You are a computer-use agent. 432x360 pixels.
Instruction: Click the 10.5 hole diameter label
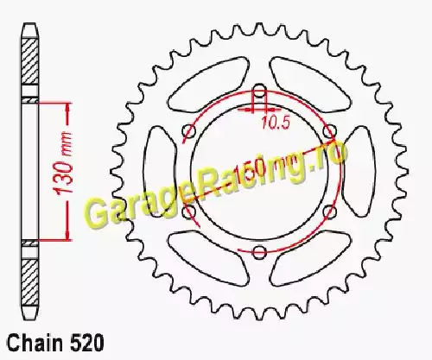coord(275,123)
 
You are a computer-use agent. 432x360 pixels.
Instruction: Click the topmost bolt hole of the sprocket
coord(259,91)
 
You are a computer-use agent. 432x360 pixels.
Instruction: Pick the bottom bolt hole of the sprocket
coord(259,251)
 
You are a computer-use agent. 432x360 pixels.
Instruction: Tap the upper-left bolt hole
coord(188,131)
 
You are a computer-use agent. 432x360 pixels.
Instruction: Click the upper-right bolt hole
coord(330,131)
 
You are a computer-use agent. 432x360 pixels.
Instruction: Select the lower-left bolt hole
coord(189,212)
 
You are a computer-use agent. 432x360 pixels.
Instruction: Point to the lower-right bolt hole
coord(330,212)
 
